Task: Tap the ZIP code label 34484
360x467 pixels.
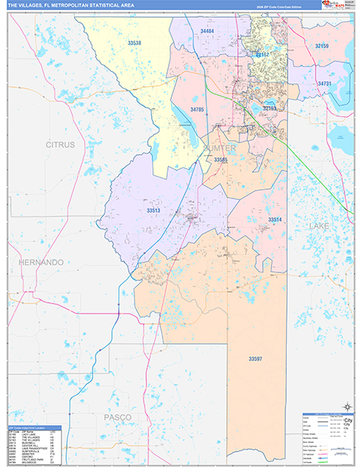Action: pos(207,30)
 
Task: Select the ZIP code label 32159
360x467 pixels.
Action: pos(322,47)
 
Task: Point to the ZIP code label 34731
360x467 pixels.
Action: pos(325,83)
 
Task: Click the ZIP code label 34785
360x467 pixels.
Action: pos(197,110)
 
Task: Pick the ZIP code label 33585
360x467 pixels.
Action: pos(221,160)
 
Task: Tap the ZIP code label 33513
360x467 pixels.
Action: pos(153,210)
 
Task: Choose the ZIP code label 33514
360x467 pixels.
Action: pos(275,220)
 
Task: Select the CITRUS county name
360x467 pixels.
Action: pos(60,145)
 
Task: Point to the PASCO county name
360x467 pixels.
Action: pos(119,417)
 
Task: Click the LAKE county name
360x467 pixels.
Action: pos(320,226)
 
